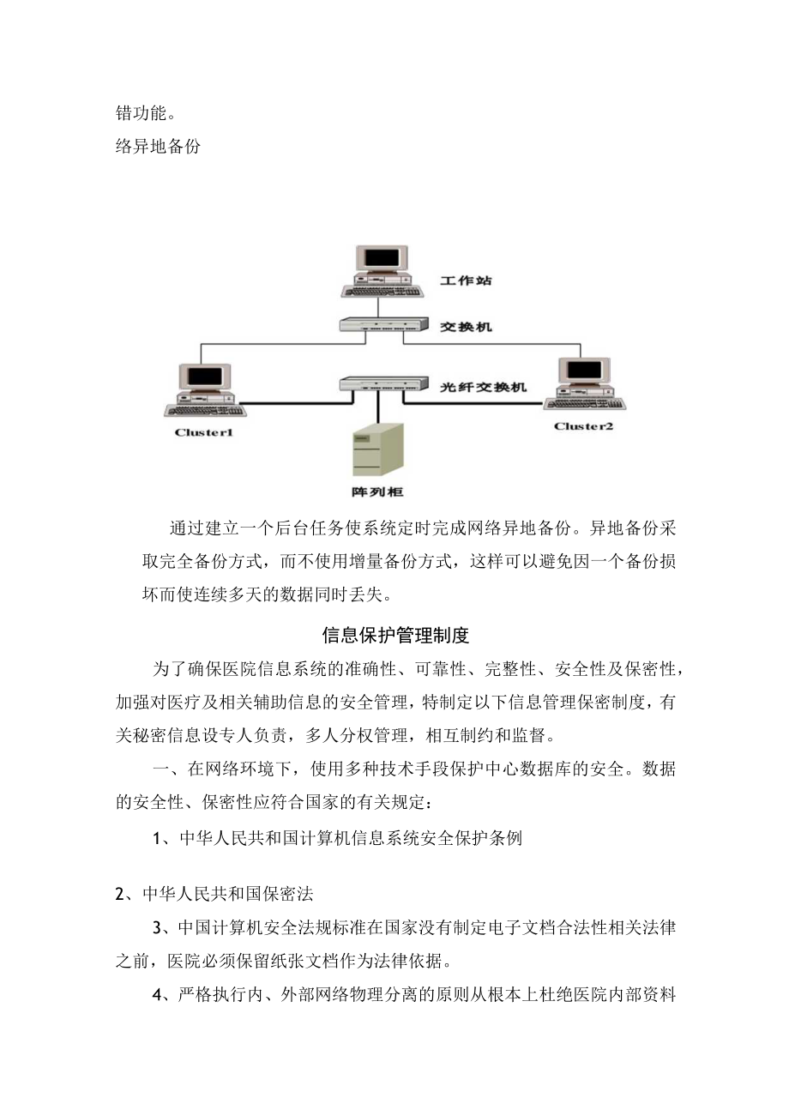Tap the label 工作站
pyautogui.click(x=466, y=281)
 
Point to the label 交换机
pyautogui.click(x=466, y=328)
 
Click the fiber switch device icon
pyautogui.click(x=382, y=383)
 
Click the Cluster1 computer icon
pyautogui.click(x=203, y=389)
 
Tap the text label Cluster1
pyautogui.click(x=203, y=433)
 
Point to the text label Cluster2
pyautogui.click(x=583, y=426)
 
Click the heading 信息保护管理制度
pyautogui.click(x=395, y=636)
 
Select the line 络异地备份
pyautogui.click(x=158, y=147)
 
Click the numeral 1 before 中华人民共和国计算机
pyautogui.click(x=158, y=840)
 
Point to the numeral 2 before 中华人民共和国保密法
pyautogui.click(x=121, y=895)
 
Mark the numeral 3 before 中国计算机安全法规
pyautogui.click(x=158, y=928)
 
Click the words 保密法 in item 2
pyautogui.click(x=291, y=895)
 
